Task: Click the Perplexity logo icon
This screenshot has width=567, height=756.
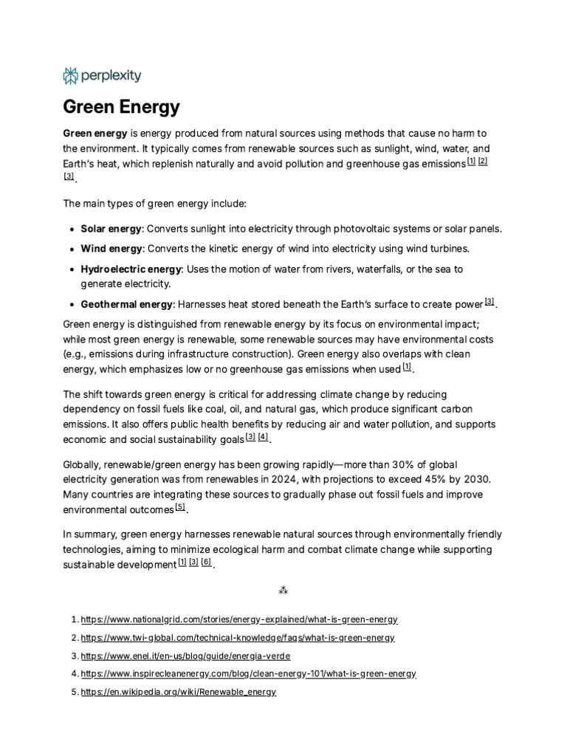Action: click(71, 75)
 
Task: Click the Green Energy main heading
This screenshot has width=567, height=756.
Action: click(121, 107)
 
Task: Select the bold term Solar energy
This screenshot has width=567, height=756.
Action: click(110, 229)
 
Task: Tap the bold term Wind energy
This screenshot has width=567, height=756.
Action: click(110, 249)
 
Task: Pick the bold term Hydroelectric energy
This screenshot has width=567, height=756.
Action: click(126, 269)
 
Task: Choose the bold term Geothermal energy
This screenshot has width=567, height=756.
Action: click(126, 303)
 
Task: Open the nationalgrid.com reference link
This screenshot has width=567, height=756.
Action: click(238, 619)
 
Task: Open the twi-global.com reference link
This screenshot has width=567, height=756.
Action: click(238, 637)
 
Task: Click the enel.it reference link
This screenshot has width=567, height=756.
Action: click(185, 656)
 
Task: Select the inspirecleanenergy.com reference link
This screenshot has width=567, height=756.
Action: click(248, 673)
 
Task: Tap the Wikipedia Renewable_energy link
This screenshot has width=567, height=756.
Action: click(178, 692)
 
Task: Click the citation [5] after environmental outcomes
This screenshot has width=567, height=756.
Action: click(180, 507)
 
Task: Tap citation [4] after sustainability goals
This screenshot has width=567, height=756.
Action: click(263, 437)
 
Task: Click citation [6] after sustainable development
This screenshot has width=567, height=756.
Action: click(206, 562)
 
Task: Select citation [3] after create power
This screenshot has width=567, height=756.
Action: click(489, 301)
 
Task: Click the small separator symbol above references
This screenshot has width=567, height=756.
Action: click(283, 591)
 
